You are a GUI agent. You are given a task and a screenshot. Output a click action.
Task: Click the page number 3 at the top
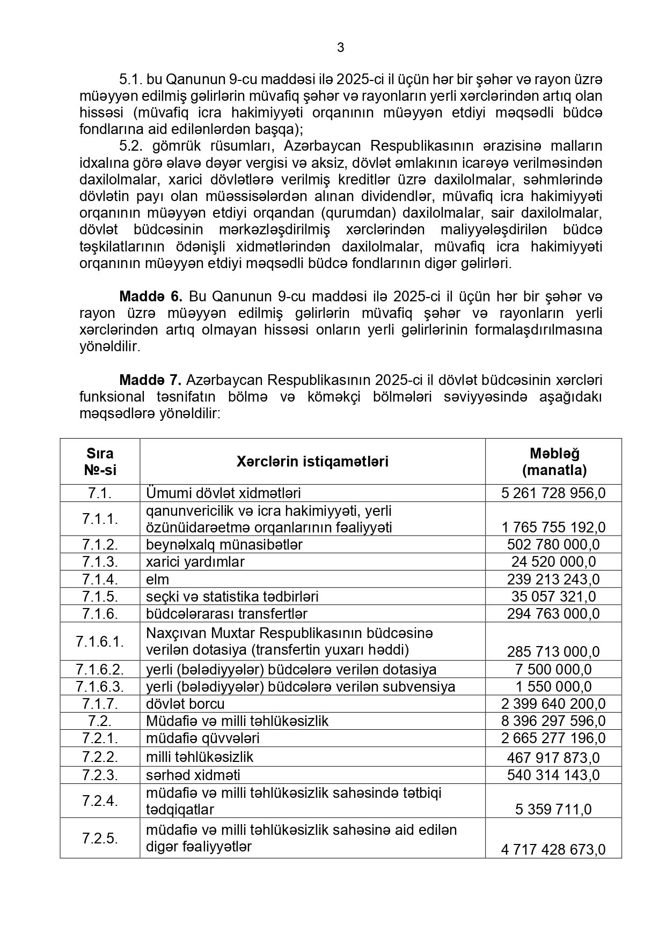point(341,48)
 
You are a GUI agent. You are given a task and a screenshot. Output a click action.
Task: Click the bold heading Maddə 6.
point(151,296)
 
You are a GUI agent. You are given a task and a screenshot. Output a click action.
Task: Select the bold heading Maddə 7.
point(151,380)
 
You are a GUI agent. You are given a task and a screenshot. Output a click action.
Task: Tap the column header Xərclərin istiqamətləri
point(312,462)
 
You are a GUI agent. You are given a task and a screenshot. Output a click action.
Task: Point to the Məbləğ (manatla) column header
point(554,462)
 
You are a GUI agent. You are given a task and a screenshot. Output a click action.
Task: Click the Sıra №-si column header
point(100,462)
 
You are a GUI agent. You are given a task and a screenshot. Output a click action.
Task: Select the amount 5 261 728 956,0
point(553,493)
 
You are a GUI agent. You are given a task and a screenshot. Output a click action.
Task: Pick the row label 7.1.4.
point(100,579)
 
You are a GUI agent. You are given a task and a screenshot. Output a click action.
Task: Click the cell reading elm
point(157,580)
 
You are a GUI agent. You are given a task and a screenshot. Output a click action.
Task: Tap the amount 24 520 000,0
point(553,562)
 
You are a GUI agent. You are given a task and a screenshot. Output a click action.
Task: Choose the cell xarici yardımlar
point(195,562)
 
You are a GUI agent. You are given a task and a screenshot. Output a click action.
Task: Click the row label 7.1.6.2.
point(100,669)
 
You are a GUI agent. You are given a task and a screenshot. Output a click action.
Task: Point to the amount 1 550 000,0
point(553,687)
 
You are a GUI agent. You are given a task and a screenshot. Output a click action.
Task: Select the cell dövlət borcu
point(185,703)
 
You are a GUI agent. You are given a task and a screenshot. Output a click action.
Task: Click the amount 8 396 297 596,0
point(553,721)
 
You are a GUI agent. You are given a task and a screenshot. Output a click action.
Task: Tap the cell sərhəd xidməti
point(193,775)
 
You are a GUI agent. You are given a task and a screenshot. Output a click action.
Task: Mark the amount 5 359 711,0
point(553,809)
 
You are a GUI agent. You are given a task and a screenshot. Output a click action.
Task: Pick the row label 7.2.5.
point(100,838)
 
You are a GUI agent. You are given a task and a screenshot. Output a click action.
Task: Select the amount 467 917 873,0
point(553,758)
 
